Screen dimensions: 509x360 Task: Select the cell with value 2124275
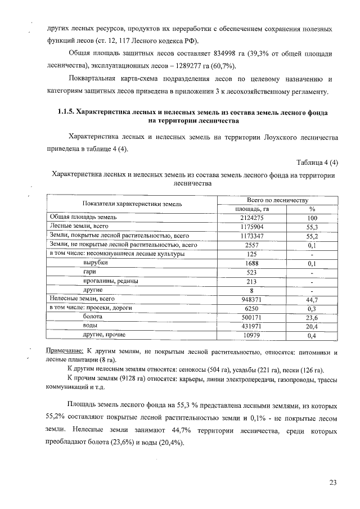click(x=251, y=217)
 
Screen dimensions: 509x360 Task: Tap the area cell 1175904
click(x=251, y=226)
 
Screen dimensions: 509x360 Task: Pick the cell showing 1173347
click(x=251, y=236)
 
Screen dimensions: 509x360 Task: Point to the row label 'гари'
click(x=89, y=272)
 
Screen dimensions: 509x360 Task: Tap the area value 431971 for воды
click(x=251, y=326)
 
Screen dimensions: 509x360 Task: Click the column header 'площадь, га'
click(x=251, y=209)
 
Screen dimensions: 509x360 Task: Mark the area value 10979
click(x=251, y=336)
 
